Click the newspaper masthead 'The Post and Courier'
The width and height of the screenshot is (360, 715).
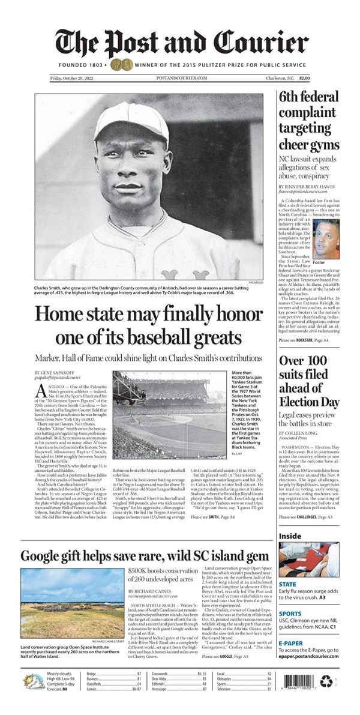(180, 42)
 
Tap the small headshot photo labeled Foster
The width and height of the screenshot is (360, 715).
(326, 238)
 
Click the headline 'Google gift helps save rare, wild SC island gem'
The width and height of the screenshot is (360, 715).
(145, 555)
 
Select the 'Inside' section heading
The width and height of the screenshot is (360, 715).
(290, 536)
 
